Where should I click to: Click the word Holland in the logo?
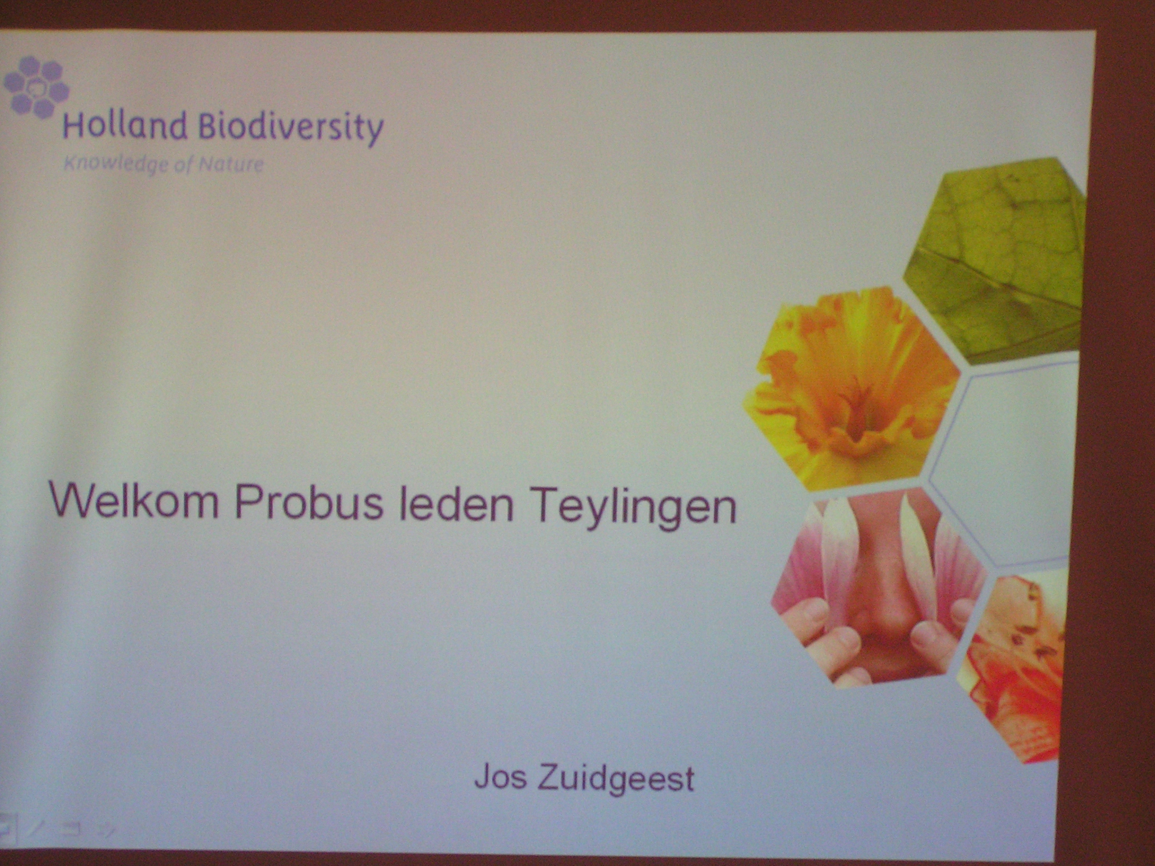click(x=125, y=126)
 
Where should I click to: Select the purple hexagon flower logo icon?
click(x=36, y=87)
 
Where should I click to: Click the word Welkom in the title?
click(x=134, y=500)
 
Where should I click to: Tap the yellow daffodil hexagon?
click(x=852, y=388)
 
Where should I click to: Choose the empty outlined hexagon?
click(x=1004, y=465)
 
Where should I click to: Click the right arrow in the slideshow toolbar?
click(x=107, y=829)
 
